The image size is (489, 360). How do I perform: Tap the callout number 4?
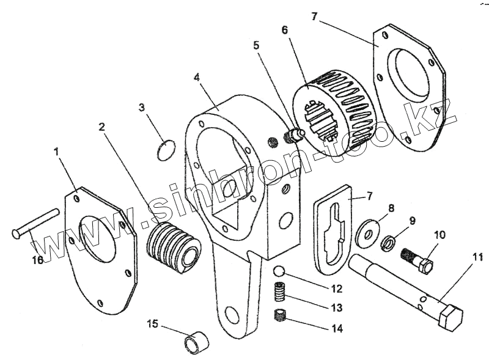[196, 78]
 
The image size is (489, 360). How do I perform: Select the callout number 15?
[152, 323]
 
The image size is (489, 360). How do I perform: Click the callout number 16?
[37, 260]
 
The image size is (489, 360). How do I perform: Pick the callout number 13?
[337, 307]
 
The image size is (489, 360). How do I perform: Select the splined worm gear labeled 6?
[330, 113]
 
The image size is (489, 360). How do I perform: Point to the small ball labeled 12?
[279, 271]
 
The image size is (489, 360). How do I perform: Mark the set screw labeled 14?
[281, 317]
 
